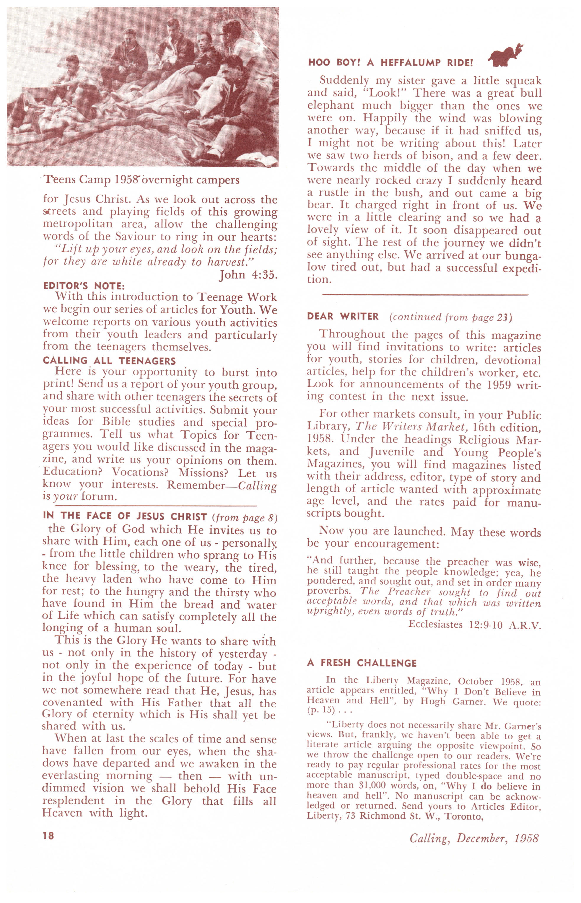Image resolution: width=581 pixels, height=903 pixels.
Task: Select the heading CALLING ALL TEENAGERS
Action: coord(109,361)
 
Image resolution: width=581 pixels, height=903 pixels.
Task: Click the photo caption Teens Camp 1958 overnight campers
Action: coord(142,180)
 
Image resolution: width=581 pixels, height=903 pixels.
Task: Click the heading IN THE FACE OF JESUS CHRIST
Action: coord(125,516)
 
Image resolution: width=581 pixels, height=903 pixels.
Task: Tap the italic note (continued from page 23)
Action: coord(450,317)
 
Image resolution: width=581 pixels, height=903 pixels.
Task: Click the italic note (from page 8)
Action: coord(245,517)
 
